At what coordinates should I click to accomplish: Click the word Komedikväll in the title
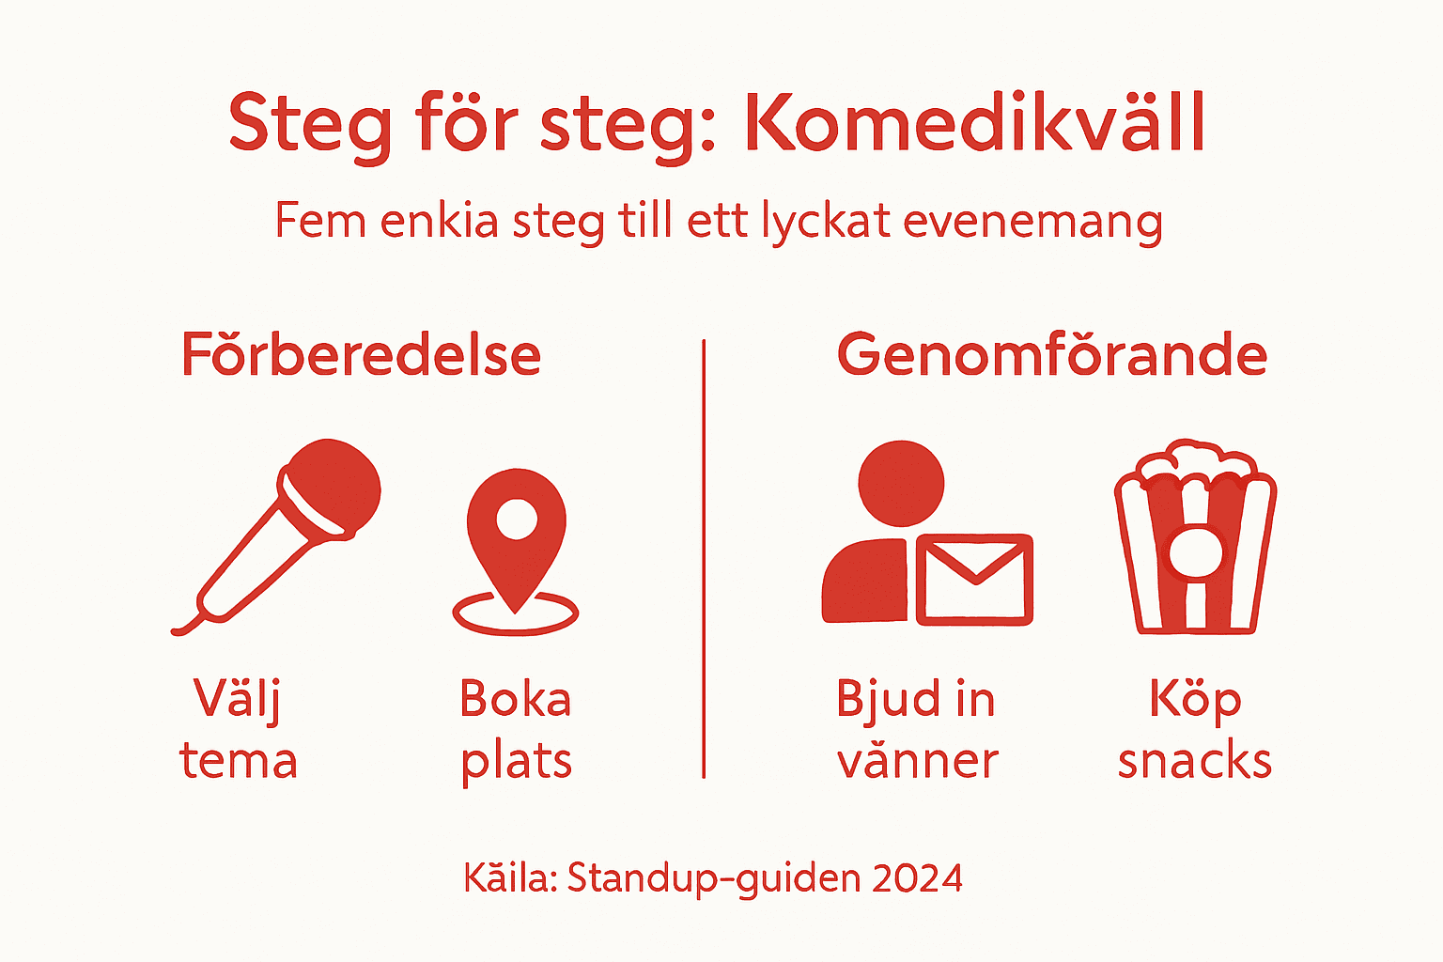click(x=974, y=123)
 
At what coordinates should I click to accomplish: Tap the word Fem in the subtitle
click(x=319, y=222)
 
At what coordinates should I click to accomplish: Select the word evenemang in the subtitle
click(x=1033, y=222)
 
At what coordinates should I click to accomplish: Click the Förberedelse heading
click(x=362, y=355)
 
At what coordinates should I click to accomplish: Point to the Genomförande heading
click(x=1052, y=355)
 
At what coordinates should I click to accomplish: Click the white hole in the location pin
click(x=516, y=519)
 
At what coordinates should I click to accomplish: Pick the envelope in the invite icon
click(x=974, y=580)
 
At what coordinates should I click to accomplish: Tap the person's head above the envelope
click(x=901, y=483)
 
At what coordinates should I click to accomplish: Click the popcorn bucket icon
click(x=1195, y=540)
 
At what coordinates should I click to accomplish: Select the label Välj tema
click(x=238, y=730)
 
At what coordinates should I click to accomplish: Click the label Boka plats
click(x=516, y=730)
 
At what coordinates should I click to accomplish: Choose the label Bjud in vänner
click(x=916, y=730)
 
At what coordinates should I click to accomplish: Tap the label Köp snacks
click(x=1195, y=730)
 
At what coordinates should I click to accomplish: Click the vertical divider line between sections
click(x=704, y=559)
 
